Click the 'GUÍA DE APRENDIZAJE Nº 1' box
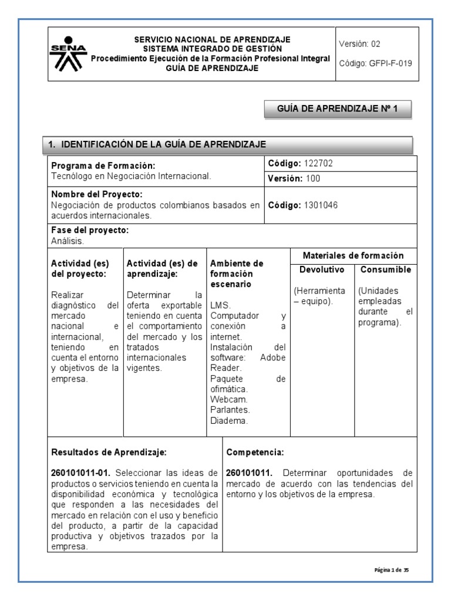[336, 109]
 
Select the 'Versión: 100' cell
[294, 178]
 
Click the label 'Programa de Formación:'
[103, 166]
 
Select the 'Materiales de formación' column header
[354, 255]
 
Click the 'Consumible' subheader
[385, 270]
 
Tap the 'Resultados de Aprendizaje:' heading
[109, 453]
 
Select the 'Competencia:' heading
[255, 453]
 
